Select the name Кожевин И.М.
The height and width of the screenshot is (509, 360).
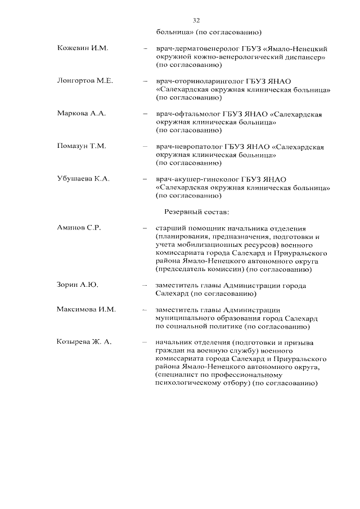tap(83, 48)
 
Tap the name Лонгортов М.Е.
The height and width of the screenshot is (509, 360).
tap(85, 81)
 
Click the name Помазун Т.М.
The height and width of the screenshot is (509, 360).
tap(82, 146)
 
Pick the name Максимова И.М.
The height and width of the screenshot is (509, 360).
tap(86, 309)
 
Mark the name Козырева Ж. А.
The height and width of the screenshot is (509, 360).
tap(85, 343)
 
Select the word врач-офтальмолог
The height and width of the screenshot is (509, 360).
tap(186, 114)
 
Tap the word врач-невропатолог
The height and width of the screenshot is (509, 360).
tap(188, 147)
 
